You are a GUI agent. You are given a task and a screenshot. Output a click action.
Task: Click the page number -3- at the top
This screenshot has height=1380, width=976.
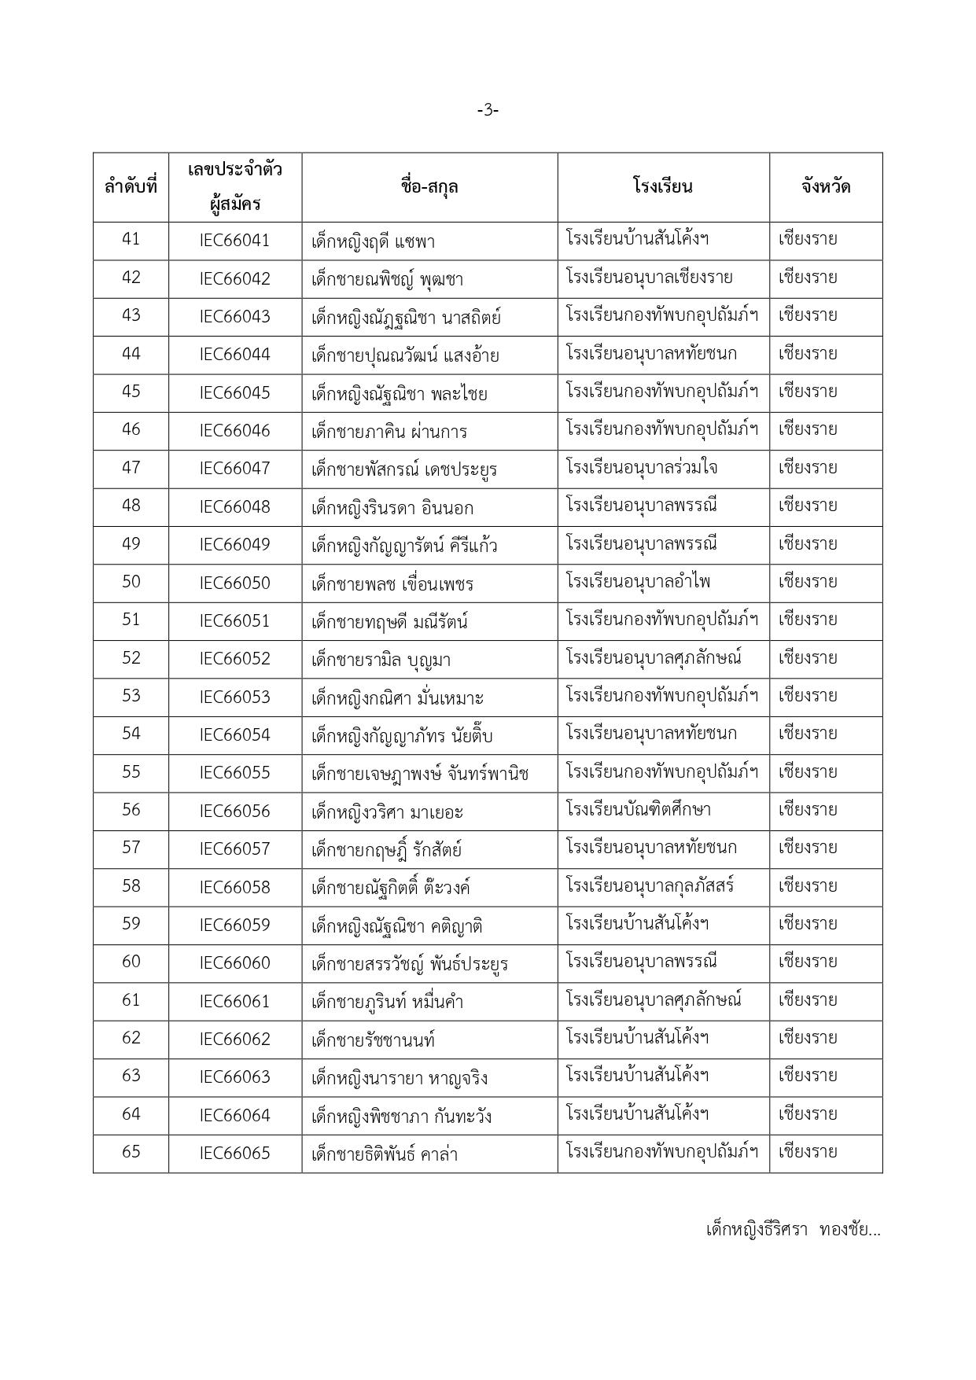point(488,111)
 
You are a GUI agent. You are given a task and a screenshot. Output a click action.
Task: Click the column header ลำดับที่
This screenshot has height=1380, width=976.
point(131,188)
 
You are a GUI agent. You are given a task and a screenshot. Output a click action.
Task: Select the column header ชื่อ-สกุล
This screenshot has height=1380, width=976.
point(429,187)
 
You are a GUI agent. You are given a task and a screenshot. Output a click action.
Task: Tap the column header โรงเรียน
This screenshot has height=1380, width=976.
point(662,187)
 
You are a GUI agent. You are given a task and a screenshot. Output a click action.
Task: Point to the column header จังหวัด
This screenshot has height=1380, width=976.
point(825,187)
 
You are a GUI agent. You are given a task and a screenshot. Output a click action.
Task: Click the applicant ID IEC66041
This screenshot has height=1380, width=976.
point(234,241)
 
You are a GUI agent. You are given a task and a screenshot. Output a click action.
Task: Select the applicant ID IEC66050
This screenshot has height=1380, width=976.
point(234,583)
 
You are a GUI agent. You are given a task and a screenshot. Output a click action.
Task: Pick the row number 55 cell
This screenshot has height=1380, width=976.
point(131,772)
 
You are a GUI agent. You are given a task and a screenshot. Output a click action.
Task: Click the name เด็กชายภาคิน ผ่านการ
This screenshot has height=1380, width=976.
point(389,431)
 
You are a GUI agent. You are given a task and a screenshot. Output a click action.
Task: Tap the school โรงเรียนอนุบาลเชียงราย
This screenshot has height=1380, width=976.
point(649,278)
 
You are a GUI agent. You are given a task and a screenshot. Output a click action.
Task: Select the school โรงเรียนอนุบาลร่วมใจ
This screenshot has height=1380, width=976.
point(641,468)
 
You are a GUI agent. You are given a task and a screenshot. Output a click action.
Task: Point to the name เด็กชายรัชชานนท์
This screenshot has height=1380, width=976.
point(373,1040)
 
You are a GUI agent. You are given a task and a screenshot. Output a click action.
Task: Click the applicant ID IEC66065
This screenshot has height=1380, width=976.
point(234,1154)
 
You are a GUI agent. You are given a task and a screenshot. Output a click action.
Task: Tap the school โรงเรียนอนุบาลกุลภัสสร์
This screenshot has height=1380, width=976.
point(650,886)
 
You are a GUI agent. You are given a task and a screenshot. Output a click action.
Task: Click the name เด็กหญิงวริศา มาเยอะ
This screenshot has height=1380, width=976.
point(387,811)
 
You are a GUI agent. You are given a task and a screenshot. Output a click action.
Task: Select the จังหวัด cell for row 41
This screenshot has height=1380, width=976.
point(808,239)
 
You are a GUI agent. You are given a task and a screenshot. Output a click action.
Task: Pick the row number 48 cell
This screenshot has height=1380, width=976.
point(131,506)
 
